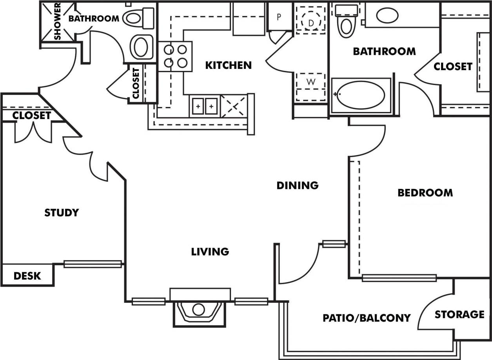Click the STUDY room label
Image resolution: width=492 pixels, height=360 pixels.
pyautogui.click(x=62, y=213)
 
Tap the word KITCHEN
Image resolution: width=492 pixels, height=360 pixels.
pyautogui.click(x=229, y=65)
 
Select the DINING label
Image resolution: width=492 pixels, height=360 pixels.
pyautogui.click(x=298, y=185)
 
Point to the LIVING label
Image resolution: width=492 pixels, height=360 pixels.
pyautogui.click(x=210, y=251)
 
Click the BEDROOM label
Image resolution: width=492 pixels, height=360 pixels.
pyautogui.click(x=425, y=193)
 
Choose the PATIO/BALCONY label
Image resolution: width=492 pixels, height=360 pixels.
pyautogui.click(x=367, y=318)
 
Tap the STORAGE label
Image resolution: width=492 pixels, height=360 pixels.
pyautogui.click(x=459, y=314)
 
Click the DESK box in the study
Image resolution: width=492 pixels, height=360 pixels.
pyautogui.click(x=27, y=275)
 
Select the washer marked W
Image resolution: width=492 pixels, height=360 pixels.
pyautogui.click(x=311, y=82)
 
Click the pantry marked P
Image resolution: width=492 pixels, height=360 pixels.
pyautogui.click(x=279, y=17)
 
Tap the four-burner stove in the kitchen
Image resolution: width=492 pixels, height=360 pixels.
pyautogui.click(x=175, y=56)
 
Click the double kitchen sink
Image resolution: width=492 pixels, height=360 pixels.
pyautogui.click(x=205, y=106)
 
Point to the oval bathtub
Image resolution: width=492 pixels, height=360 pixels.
pyautogui.click(x=361, y=95)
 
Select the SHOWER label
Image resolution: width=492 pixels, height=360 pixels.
pyautogui.click(x=58, y=22)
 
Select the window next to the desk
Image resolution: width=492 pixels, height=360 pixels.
pyautogui.click(x=93, y=264)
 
